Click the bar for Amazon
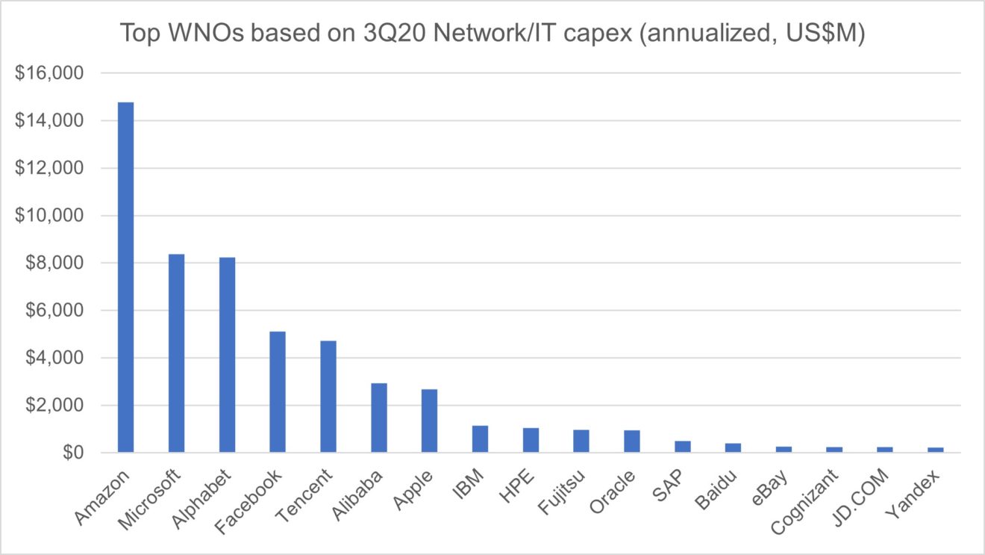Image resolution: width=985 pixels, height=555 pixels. pos(125,277)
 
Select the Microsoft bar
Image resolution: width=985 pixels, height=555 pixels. pos(176,353)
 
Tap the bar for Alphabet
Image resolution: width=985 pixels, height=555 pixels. pos(227,355)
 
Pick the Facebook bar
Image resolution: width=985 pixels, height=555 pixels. pos(278,392)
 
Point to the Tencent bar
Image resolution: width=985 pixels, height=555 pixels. pos(328,397)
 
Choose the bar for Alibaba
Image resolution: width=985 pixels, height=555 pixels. pos(379,418)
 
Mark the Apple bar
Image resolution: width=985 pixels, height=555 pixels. pos(429,421)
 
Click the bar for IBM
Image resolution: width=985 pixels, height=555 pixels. pos(480,439)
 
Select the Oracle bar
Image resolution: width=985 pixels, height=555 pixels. pos(632,441)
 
